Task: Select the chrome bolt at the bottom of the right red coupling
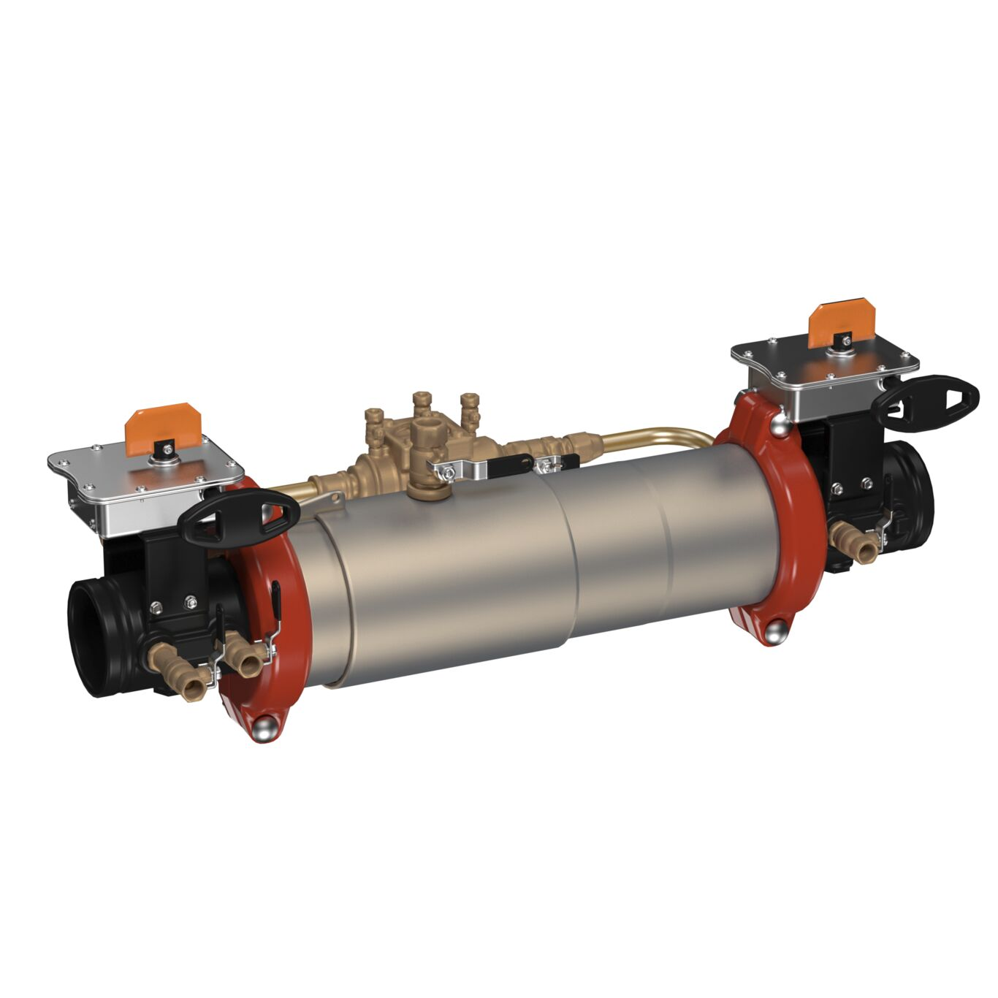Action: (777, 630)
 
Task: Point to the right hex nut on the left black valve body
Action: (191, 602)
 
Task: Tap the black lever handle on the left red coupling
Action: (278, 603)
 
